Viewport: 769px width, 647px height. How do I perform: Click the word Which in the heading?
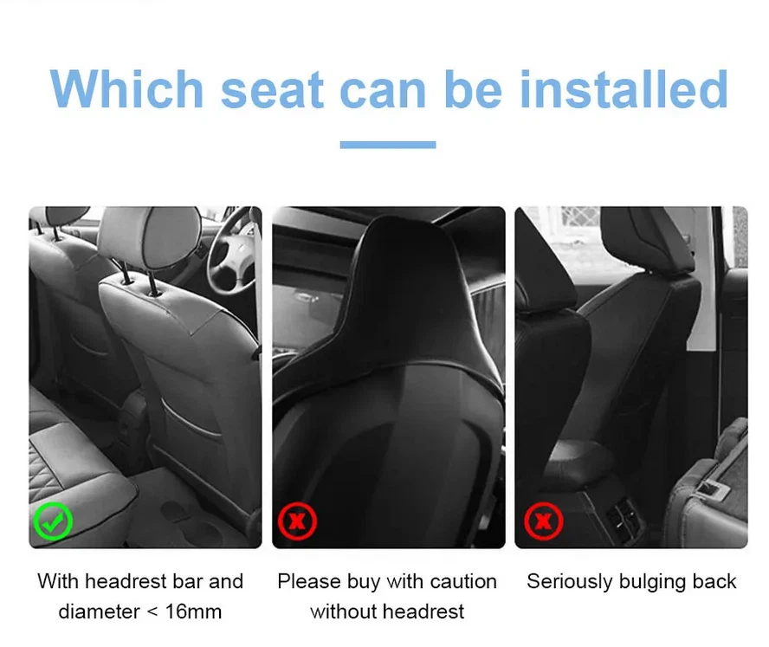(126, 88)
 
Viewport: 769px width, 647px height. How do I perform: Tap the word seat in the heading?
(271, 88)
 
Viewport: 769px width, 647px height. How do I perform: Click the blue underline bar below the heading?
(387, 145)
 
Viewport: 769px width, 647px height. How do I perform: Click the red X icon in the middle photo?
(297, 521)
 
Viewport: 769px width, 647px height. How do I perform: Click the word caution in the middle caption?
(457, 581)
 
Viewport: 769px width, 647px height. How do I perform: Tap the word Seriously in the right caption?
(566, 581)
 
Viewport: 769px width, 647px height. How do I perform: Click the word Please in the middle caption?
(307, 581)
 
